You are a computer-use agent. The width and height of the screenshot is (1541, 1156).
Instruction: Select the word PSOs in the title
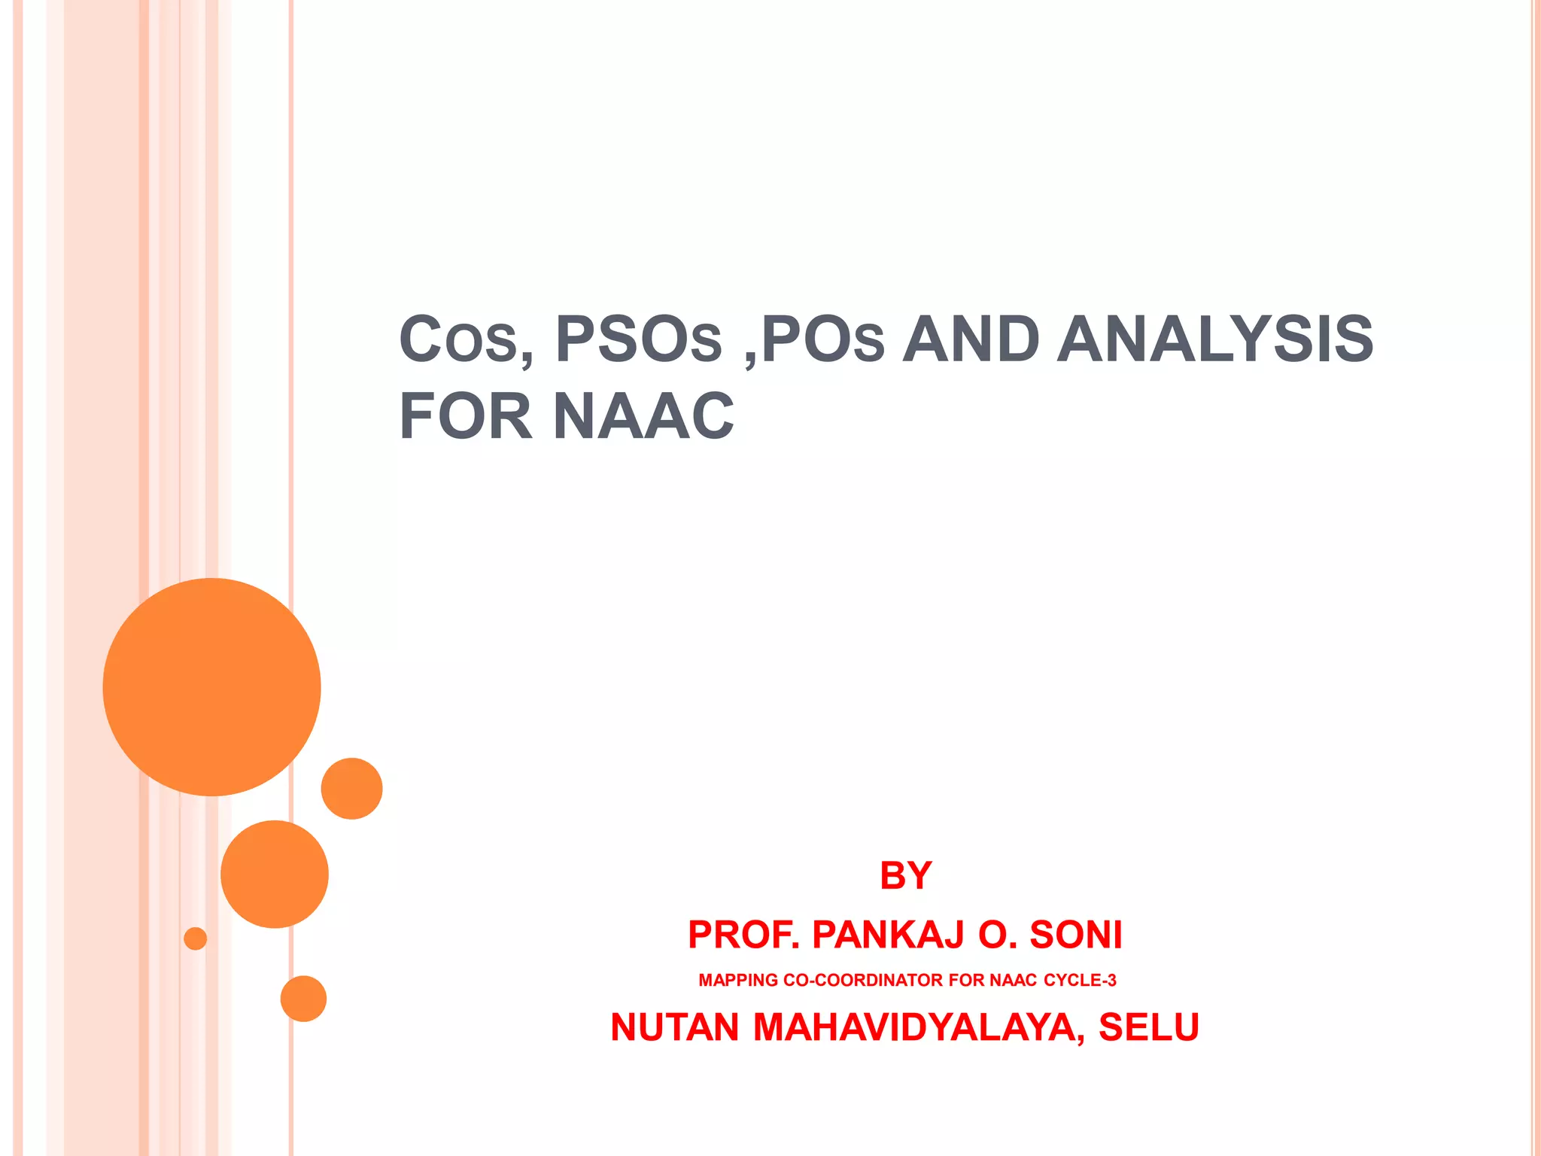638,340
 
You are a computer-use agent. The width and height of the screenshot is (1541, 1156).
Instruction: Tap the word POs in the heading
822,340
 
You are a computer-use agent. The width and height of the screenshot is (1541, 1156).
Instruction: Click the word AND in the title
971,340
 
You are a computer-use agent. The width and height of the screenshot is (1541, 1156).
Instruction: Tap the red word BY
906,875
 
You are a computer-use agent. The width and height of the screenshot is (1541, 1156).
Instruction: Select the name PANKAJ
889,935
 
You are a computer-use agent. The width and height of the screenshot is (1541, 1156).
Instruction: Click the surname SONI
1076,935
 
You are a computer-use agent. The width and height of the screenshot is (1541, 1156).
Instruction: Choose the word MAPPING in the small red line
738,980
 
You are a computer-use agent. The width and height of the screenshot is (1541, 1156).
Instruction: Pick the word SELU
1148,1027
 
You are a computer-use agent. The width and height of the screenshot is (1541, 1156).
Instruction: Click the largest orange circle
211,686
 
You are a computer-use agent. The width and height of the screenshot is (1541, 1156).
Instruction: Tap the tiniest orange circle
195,938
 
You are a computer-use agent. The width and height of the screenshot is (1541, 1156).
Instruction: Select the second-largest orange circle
274,874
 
